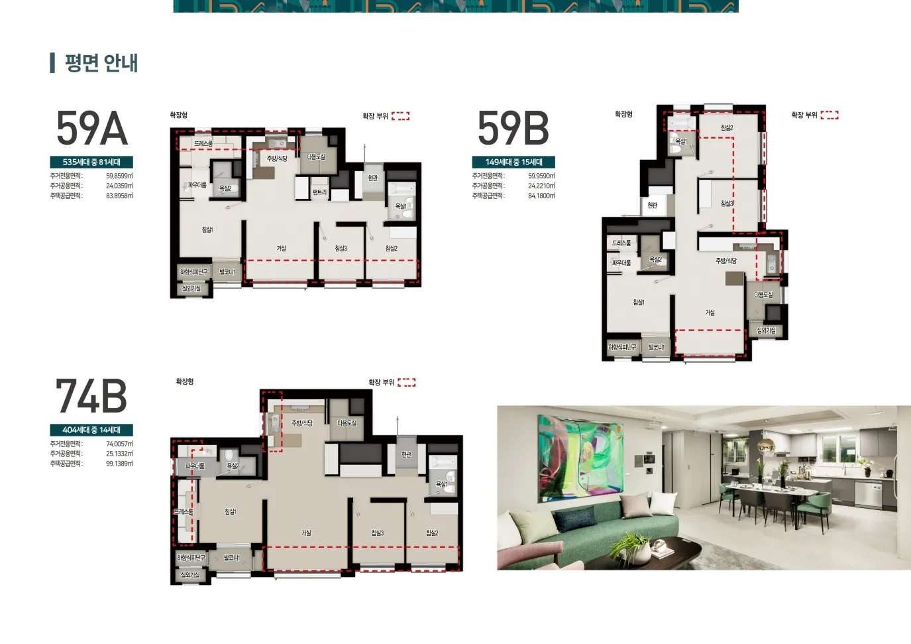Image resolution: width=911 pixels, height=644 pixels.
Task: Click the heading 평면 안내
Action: pos(101,63)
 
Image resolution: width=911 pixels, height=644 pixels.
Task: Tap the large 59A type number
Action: pos(91,129)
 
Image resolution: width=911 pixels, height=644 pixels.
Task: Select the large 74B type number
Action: pos(91,397)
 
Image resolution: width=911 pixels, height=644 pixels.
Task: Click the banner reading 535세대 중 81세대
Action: pos(91,162)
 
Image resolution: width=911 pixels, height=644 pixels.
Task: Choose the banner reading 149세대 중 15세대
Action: pos(513,162)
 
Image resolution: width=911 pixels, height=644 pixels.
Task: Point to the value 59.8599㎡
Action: pos(119,176)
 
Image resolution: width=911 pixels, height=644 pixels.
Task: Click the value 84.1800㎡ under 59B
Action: pos(541,196)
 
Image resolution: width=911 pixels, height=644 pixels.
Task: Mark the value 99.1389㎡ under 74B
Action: pos(119,464)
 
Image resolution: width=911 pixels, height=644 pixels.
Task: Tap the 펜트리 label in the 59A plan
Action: pos(319,192)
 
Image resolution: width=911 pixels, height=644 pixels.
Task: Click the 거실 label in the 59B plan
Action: pos(710,312)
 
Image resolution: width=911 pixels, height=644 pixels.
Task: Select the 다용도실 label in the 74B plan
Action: pos(347,423)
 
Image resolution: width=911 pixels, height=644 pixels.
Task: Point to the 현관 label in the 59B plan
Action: pos(653,206)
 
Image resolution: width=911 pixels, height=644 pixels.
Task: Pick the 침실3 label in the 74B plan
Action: pos(377,533)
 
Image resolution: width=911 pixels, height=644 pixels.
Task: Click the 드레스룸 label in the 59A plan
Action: pos(203,143)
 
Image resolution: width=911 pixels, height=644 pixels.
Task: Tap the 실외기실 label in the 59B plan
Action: pos(766,330)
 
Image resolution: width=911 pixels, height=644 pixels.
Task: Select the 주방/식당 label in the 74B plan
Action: pos(302,423)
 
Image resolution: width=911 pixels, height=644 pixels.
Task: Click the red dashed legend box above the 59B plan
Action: pos(830,115)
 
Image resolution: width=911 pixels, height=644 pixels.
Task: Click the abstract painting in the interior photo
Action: pos(580,458)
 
